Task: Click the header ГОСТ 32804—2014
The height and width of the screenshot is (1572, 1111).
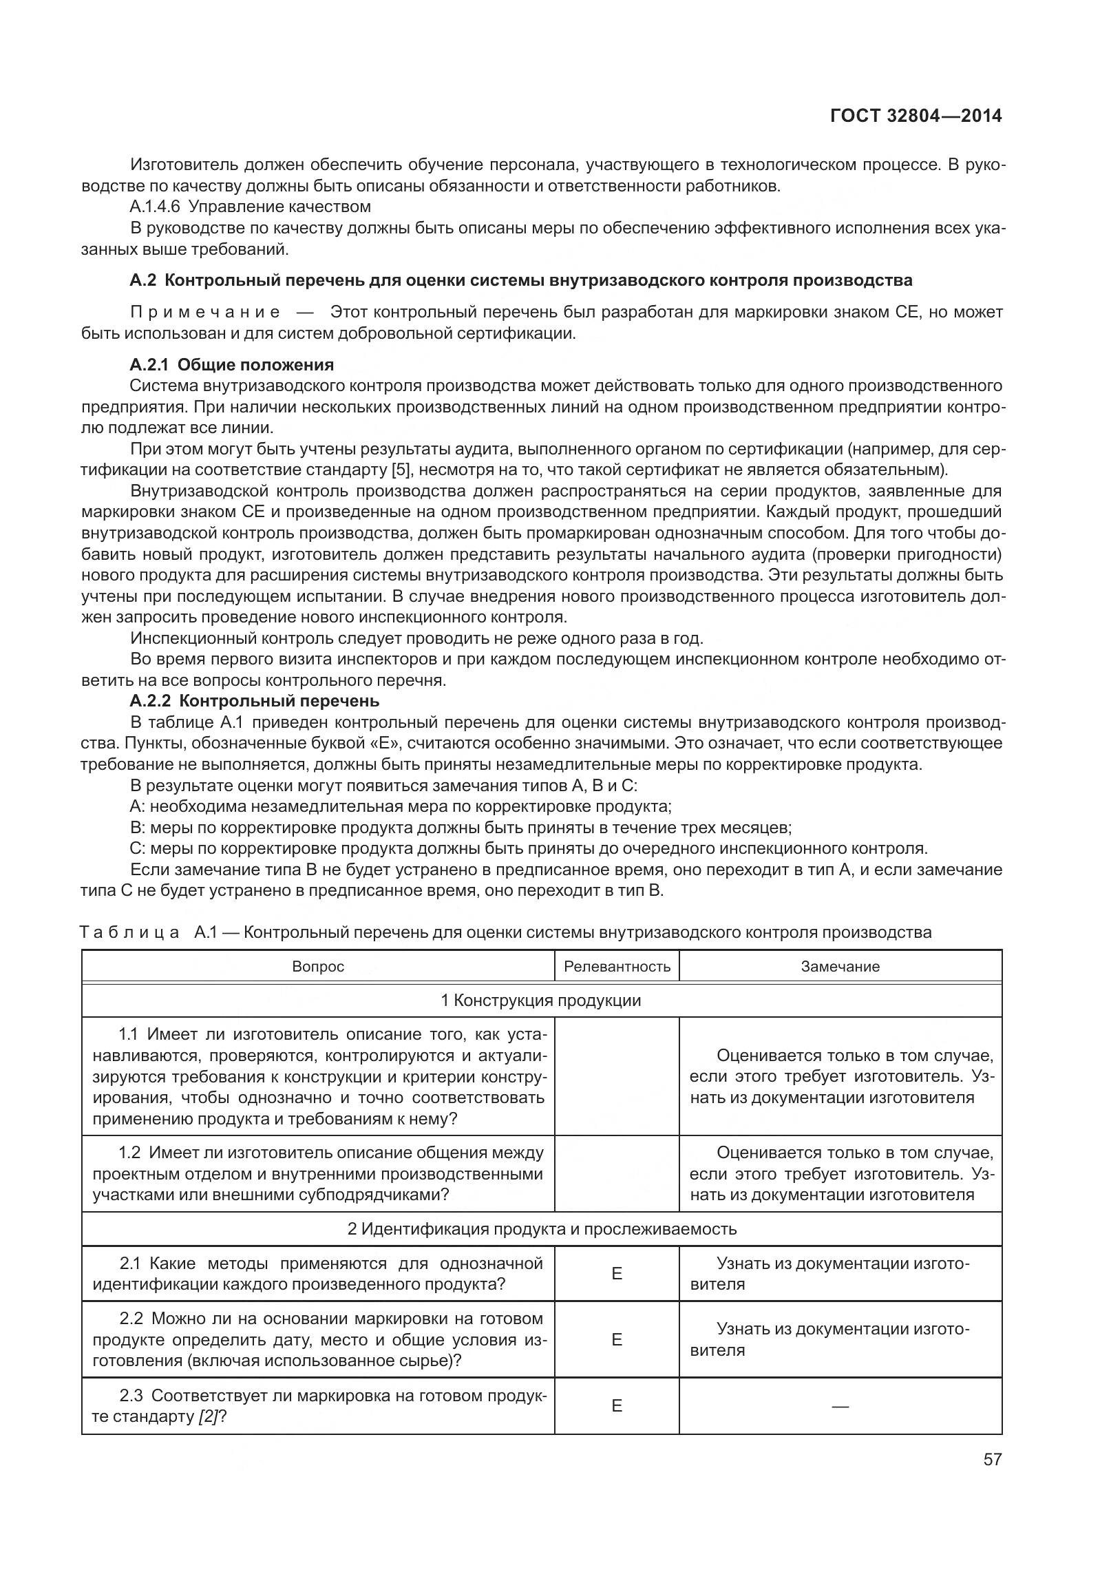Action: pos(916,116)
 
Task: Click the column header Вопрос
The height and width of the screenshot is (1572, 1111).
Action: pos(317,967)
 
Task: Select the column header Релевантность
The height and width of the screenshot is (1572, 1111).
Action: pos(617,967)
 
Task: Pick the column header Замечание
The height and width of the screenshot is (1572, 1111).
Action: pos(840,967)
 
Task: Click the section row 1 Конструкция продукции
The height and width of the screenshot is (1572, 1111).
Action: pos(541,1000)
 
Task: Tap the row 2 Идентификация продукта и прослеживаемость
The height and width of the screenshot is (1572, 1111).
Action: pos(541,1229)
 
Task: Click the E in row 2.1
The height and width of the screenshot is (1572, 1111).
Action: pos(617,1274)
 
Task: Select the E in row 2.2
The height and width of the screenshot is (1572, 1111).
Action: pos(617,1339)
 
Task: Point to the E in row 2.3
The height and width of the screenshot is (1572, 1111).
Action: pos(617,1406)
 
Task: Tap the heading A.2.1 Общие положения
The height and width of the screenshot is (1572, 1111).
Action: pos(231,365)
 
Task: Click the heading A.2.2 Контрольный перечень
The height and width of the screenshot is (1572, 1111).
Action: pos(254,701)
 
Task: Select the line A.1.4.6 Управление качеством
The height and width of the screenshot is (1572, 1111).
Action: pos(250,207)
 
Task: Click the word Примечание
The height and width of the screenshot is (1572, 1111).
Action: pos(205,312)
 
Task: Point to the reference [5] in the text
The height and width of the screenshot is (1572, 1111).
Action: pos(399,470)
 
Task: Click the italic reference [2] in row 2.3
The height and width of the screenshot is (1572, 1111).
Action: pos(208,1417)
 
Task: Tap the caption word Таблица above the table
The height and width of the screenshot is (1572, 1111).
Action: pos(129,933)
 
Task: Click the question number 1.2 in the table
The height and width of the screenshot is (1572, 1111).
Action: pos(129,1153)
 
